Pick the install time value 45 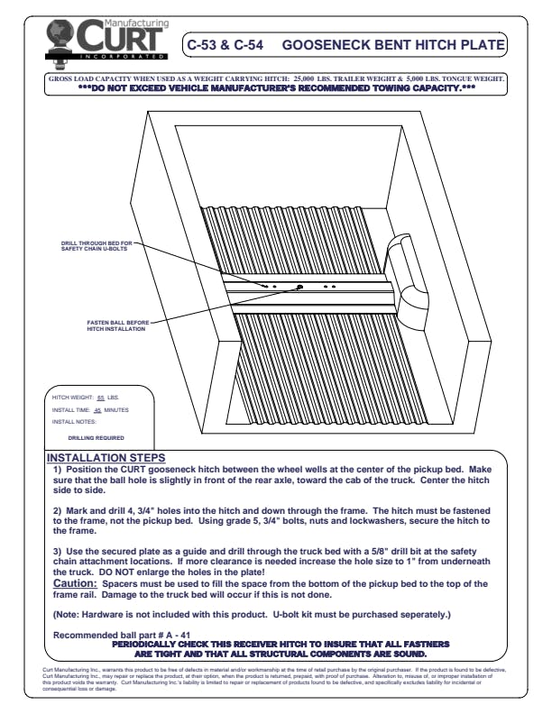click(98, 409)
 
